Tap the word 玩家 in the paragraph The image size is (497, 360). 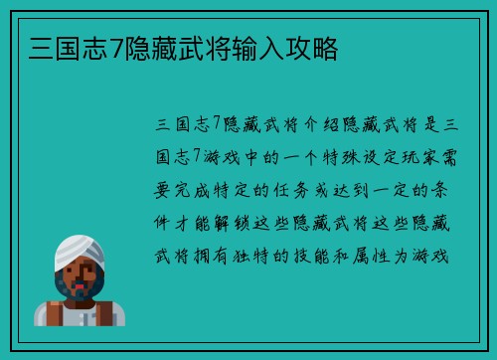pyautogui.click(x=413, y=157)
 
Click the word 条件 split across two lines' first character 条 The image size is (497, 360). pyautogui.click(x=444, y=190)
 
